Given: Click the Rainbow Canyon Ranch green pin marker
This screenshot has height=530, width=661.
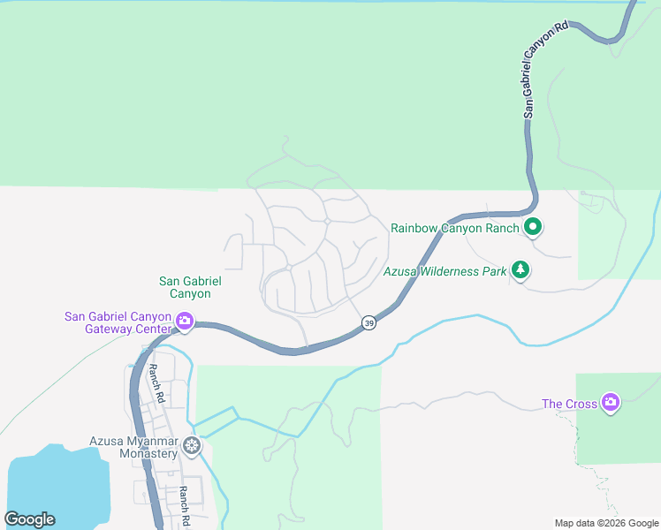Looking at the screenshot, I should [533, 228].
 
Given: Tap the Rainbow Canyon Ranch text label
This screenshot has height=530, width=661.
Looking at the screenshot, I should [455, 228].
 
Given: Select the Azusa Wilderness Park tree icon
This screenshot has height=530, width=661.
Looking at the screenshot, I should [521, 270].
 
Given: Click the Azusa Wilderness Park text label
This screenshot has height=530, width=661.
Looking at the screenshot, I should [445, 271].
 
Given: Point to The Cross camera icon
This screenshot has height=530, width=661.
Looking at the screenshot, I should [610, 404].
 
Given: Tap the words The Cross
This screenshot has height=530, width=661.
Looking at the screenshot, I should [569, 405].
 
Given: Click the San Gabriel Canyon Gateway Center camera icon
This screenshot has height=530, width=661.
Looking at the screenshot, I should [185, 322].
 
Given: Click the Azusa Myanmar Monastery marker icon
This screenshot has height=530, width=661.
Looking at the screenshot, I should [191, 449].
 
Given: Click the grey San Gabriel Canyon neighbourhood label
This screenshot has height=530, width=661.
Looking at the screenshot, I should [185, 287].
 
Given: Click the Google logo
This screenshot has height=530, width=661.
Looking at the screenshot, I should [29, 519].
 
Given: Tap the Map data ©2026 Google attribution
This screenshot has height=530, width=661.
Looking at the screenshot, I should [606, 523].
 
